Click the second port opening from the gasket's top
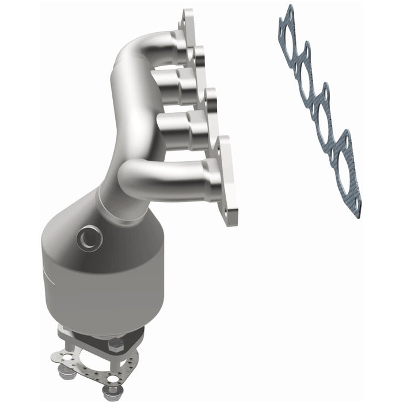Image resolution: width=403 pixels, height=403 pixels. [x=303, y=70]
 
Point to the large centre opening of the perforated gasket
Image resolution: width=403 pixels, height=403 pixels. [x=92, y=360]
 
